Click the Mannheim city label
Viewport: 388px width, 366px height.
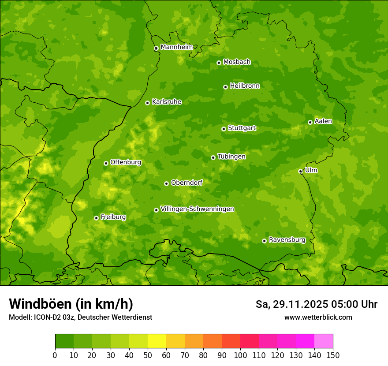click(x=176, y=47)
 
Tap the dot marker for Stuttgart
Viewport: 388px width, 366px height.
click(x=224, y=129)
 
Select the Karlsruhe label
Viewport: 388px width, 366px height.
click(x=166, y=102)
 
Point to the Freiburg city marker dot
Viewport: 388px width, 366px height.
click(x=96, y=218)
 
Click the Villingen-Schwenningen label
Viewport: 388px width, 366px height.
click(x=197, y=209)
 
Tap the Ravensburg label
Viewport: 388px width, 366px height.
click(x=287, y=240)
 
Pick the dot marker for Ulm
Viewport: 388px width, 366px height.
click(x=300, y=171)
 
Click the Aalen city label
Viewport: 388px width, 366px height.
click(x=323, y=121)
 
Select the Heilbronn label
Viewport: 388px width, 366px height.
click(x=245, y=86)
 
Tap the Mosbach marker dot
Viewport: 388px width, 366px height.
click(x=219, y=63)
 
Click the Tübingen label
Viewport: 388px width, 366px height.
click(x=231, y=157)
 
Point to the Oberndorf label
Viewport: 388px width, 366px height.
click(x=187, y=183)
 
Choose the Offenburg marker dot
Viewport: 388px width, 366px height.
click(x=106, y=163)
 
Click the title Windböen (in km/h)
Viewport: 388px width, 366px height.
click(x=71, y=304)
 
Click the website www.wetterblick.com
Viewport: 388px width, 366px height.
click(x=318, y=317)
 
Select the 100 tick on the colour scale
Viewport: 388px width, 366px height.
click(x=240, y=355)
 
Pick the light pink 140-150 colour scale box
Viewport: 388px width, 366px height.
click(x=324, y=341)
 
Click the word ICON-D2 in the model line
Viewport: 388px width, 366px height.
click(x=45, y=317)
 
